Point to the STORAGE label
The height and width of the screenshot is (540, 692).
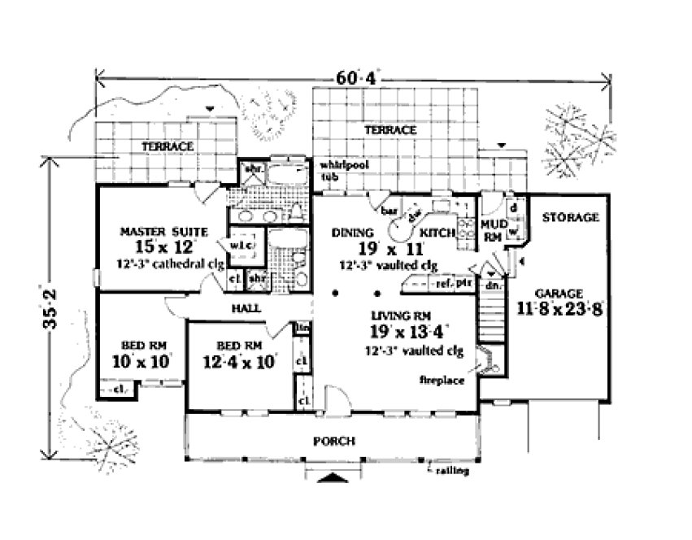tap(569, 218)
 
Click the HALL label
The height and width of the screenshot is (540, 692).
tap(249, 309)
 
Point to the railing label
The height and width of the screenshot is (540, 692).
tap(448, 472)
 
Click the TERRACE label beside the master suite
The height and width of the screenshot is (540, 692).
tap(168, 146)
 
